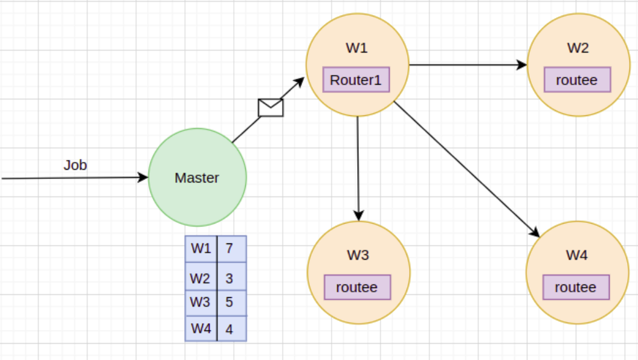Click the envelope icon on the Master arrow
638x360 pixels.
pyautogui.click(x=271, y=107)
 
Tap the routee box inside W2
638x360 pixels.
pyautogui.click(x=577, y=80)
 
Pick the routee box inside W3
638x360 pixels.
pyautogui.click(x=357, y=287)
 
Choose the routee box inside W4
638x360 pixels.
pyautogui.click(x=576, y=287)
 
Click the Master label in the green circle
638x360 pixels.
pyautogui.click(x=197, y=178)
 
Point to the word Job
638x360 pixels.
pyautogui.click(x=76, y=165)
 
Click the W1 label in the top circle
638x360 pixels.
pyautogui.click(x=356, y=48)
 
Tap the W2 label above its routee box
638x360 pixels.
pyautogui.click(x=578, y=48)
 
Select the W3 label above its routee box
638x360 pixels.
pyautogui.click(x=358, y=255)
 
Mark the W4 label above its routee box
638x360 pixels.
pyautogui.click(x=576, y=255)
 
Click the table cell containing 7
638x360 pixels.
pyautogui.click(x=231, y=248)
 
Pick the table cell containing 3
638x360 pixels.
pyautogui.click(x=231, y=278)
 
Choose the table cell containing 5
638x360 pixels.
pyautogui.click(x=231, y=302)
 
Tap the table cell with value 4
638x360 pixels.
pyautogui.click(x=231, y=329)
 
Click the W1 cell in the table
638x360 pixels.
pyautogui.click(x=201, y=248)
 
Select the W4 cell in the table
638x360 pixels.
pyautogui.click(x=201, y=329)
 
